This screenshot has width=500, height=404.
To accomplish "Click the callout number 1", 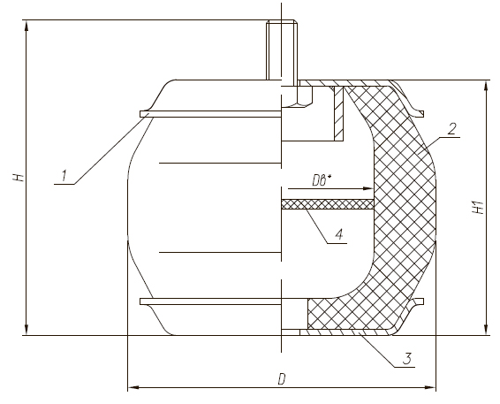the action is [64, 176].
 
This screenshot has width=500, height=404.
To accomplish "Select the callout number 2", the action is [451, 129].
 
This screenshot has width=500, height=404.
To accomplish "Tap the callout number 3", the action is [406, 359].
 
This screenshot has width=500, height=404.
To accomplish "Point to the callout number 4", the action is [339, 234].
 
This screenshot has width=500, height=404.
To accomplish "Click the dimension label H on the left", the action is [19, 178].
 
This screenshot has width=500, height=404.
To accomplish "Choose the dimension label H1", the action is [479, 208].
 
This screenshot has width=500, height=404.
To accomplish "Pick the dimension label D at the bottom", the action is [281, 380].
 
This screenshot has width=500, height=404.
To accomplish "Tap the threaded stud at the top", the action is [282, 50].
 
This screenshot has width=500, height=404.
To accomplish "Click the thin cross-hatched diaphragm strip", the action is [327, 204].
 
